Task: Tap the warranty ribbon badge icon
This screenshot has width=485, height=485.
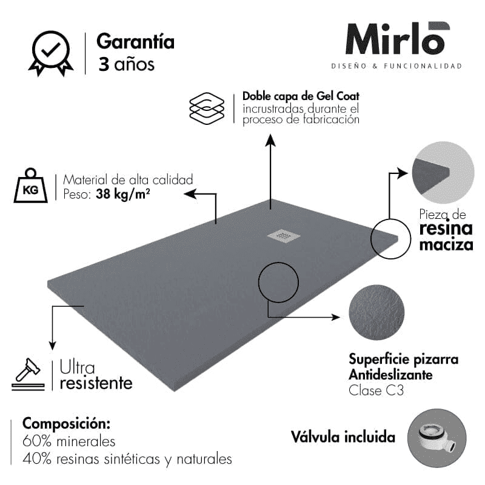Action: tap(51, 53)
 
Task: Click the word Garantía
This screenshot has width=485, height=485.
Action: tap(135, 41)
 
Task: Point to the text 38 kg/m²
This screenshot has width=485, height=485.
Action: tap(123, 194)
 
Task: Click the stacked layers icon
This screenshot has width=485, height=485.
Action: tap(207, 109)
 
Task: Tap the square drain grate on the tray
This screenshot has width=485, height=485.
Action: tap(284, 236)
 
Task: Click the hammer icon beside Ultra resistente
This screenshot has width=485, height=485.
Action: tap(28, 374)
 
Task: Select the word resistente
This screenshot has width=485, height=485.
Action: tap(96, 383)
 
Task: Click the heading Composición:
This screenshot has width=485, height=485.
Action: tap(66, 424)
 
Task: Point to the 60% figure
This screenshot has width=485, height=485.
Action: tap(37, 441)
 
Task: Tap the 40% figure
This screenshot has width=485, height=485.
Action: tap(37, 459)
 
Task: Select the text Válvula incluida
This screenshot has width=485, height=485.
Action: tap(343, 437)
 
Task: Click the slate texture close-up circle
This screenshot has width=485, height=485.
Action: tap(376, 312)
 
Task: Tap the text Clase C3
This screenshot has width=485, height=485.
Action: tap(376, 390)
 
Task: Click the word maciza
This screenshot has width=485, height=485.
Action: tap(446, 245)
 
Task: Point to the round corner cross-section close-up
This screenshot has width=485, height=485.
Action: tap(443, 172)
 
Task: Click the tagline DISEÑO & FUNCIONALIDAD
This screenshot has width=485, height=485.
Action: tap(396, 66)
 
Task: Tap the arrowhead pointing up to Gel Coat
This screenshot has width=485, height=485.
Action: tap(270, 140)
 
